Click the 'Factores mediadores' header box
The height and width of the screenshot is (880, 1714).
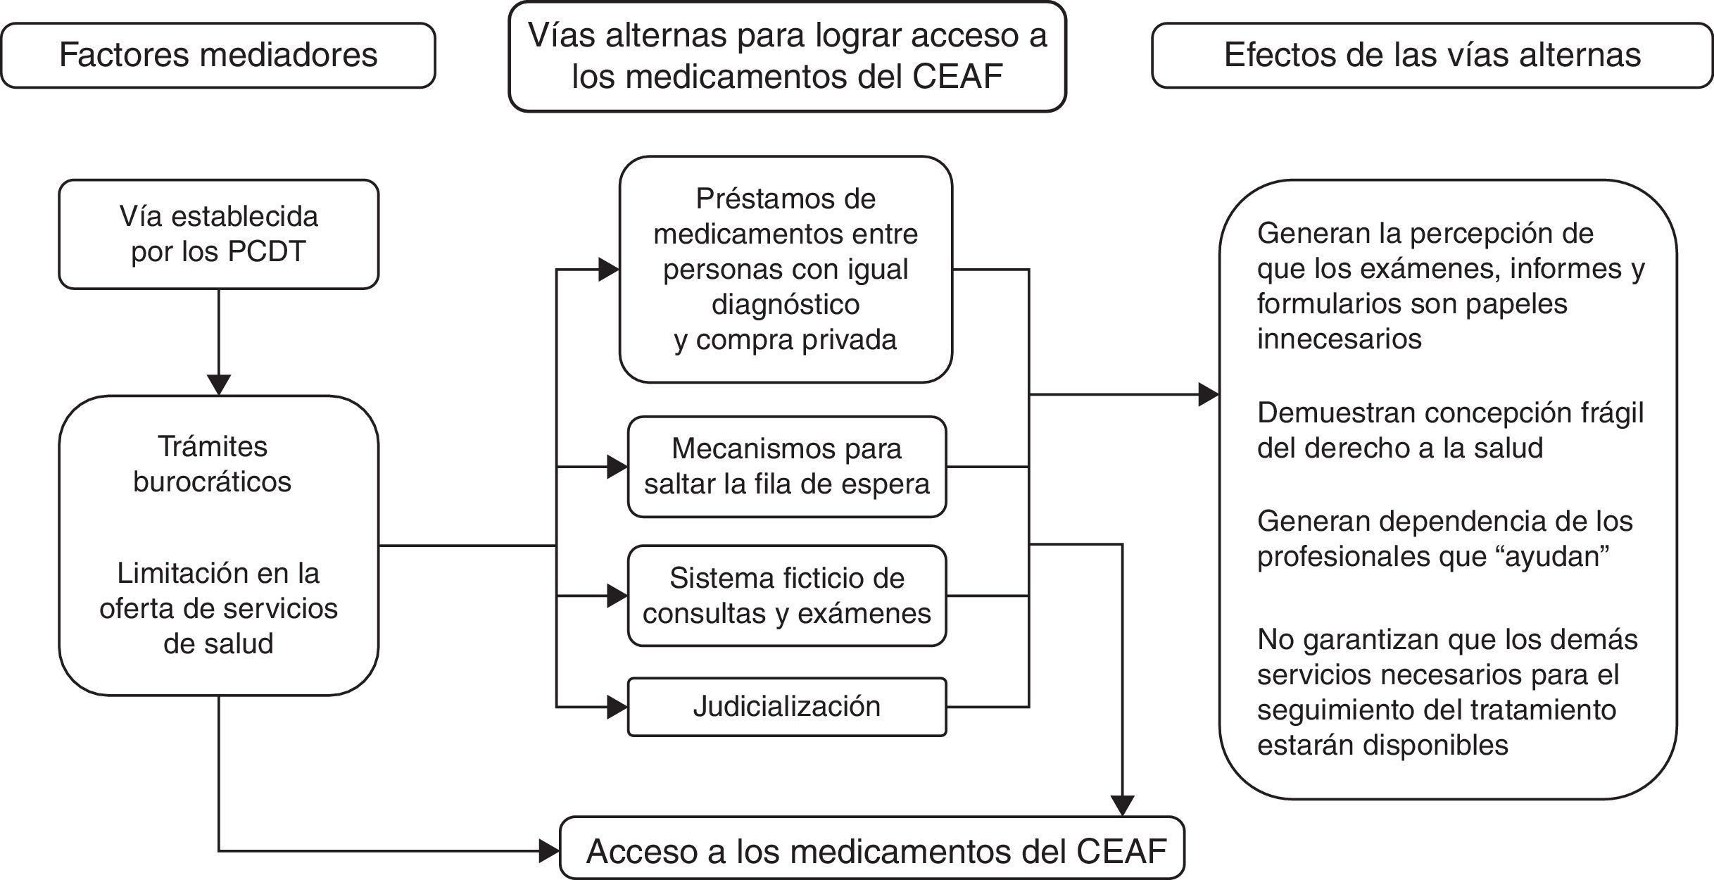tap(218, 55)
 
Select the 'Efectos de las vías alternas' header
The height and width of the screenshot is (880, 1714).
tap(1432, 55)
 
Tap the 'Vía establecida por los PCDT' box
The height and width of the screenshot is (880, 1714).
tap(218, 234)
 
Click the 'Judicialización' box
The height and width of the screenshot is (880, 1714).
tap(786, 707)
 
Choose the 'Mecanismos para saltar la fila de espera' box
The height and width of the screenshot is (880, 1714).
tap(786, 467)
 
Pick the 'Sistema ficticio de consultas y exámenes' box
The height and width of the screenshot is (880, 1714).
tap(786, 596)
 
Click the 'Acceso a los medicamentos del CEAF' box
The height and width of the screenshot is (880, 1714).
tap(873, 850)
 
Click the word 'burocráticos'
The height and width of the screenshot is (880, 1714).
tap(212, 482)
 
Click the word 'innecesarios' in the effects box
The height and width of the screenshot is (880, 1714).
tap(1339, 339)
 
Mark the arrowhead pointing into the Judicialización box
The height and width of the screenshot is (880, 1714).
tap(617, 707)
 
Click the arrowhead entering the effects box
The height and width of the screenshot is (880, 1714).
tap(1209, 395)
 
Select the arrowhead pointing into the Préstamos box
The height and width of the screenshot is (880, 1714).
tap(609, 270)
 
